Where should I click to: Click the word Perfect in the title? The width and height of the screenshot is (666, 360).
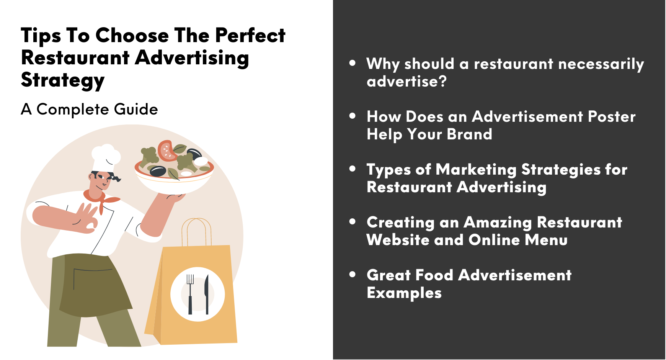[250, 36]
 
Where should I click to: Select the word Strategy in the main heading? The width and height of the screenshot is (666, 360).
[63, 80]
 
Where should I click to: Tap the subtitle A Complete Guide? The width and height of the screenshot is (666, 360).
[89, 110]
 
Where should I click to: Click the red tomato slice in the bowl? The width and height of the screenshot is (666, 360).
[167, 151]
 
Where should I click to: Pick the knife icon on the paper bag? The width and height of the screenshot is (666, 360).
[207, 294]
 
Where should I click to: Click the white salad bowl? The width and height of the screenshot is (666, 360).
[174, 178]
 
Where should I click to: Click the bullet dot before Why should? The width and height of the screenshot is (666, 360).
[353, 63]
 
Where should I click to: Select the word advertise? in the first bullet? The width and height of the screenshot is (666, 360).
[406, 82]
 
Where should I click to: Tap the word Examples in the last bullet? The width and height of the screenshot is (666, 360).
[404, 293]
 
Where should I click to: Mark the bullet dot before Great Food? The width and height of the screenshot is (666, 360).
[353, 274]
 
